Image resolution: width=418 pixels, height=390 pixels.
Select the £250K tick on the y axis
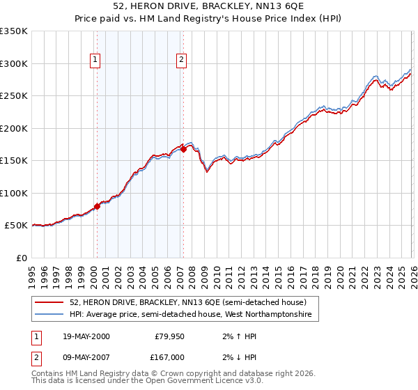[x=14, y=95]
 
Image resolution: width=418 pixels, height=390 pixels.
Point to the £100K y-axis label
[x=14, y=193]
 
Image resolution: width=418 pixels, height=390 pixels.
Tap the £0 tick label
[x=22, y=258]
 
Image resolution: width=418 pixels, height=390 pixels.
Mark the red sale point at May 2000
[x=98, y=205]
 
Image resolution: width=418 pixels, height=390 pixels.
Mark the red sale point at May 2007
[x=183, y=148]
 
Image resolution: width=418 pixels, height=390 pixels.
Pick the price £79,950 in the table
[x=167, y=336]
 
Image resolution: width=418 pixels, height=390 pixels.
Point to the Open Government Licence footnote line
[x=148, y=382]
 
